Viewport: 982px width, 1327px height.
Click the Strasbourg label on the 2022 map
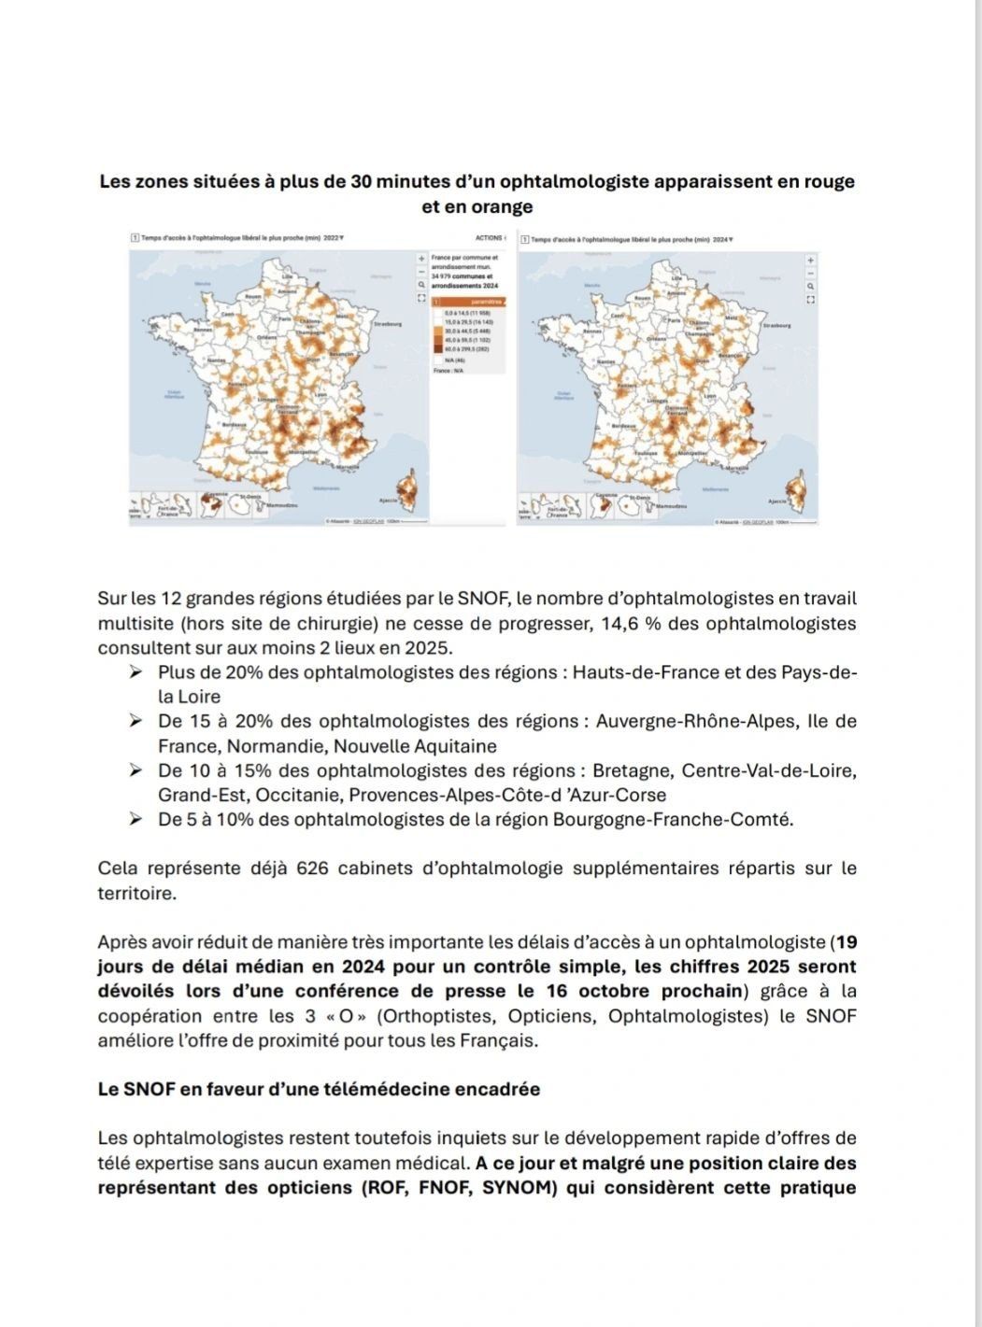coord(387,324)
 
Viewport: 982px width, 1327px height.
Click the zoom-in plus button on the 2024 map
coord(810,261)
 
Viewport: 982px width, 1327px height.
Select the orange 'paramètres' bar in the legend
coord(467,302)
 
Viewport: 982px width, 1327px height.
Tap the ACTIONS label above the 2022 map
coord(489,238)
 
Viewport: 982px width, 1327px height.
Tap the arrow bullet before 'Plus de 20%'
coord(135,672)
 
